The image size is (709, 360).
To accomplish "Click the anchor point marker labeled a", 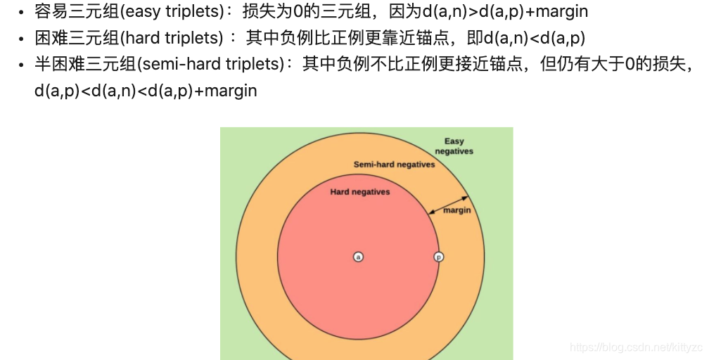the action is [358, 257].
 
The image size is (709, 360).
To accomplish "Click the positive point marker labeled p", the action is [438, 257].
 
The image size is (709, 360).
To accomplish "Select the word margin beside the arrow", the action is [457, 210].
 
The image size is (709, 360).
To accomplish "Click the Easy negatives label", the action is [454, 146].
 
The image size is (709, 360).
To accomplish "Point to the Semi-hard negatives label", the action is [394, 165].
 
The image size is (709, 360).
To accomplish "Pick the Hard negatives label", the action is [359, 191].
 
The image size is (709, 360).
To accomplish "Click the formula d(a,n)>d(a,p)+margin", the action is [505, 12].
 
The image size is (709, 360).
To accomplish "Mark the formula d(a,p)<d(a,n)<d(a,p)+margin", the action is [146, 91].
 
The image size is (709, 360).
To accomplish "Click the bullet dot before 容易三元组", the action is [22, 13].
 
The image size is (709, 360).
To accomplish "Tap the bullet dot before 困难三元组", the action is [22, 39].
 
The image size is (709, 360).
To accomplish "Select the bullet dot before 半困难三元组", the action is [22, 65].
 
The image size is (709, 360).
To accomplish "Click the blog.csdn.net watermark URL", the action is [636, 347].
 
